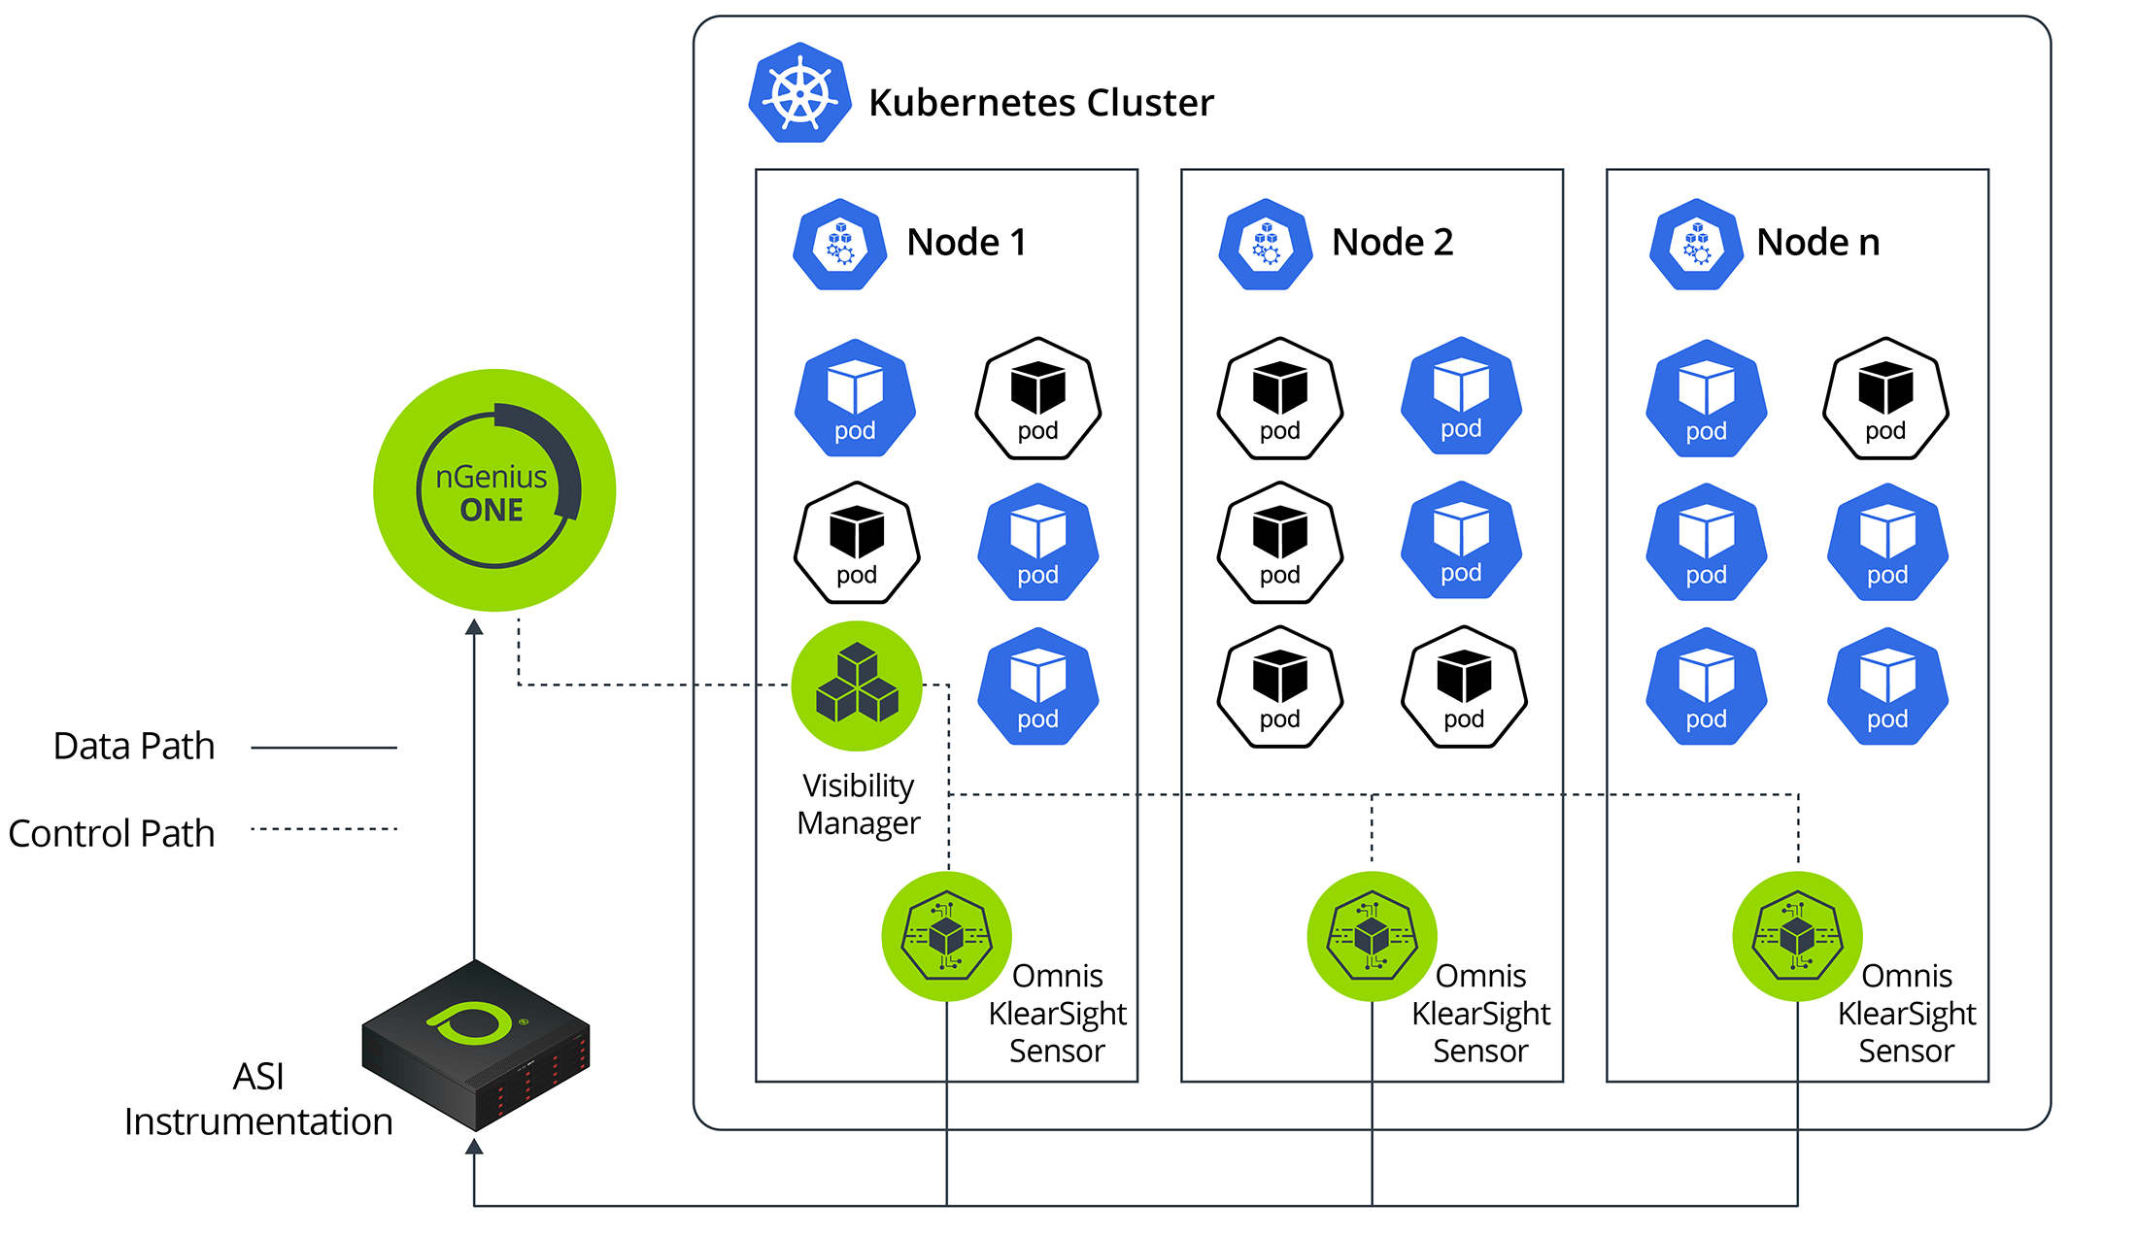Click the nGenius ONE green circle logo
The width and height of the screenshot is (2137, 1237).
pos(494,490)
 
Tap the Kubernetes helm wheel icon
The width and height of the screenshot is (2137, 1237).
pos(799,94)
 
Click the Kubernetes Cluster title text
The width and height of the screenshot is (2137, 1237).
pos(1040,103)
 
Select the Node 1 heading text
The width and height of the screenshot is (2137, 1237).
pos(967,243)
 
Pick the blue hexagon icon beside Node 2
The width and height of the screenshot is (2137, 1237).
pos(1266,244)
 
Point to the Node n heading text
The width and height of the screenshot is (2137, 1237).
pos(1817,243)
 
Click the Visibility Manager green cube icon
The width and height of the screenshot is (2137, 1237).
pos(857,685)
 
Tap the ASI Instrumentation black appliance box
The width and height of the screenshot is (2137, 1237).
pos(476,1045)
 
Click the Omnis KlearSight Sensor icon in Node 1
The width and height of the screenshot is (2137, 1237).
pos(947,936)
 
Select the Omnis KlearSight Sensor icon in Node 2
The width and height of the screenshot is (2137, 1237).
pos(1372,936)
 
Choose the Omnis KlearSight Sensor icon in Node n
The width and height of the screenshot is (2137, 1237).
pos(1797,936)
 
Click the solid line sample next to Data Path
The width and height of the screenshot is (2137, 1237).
pos(323,748)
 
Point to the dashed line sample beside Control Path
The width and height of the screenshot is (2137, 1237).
pos(323,829)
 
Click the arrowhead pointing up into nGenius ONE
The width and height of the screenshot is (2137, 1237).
pos(474,627)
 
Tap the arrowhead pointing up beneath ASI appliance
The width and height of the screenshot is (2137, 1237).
pos(474,1147)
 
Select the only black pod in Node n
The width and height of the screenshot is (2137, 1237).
pos(1885,398)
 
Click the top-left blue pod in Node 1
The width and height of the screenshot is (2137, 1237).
pos(855,398)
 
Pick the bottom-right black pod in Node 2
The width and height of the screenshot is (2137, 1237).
pos(1464,686)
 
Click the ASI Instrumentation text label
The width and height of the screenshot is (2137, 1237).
pos(258,1099)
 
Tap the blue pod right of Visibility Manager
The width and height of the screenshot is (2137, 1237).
pos(1037,686)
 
